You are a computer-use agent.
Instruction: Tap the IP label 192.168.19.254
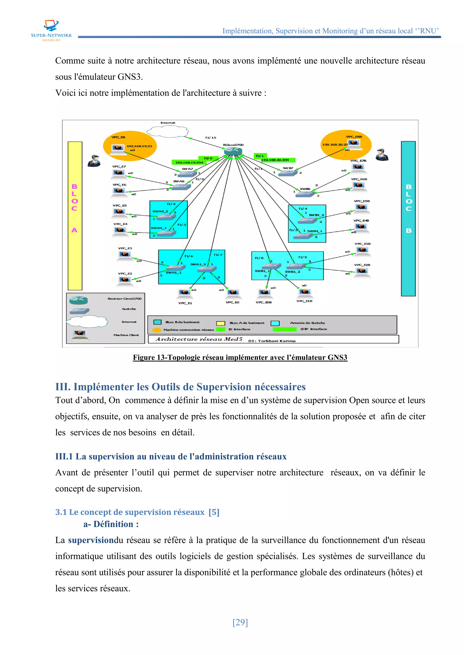click(x=189, y=162)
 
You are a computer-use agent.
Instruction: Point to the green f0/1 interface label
click(x=259, y=156)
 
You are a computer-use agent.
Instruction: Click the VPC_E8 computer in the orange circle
click(x=118, y=148)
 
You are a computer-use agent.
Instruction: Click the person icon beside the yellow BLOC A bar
click(x=94, y=161)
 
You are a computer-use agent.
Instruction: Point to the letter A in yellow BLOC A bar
click(x=75, y=230)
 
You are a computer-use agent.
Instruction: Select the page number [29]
click(x=240, y=622)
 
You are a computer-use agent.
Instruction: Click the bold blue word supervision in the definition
click(x=91, y=540)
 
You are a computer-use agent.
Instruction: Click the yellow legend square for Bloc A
click(x=221, y=323)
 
